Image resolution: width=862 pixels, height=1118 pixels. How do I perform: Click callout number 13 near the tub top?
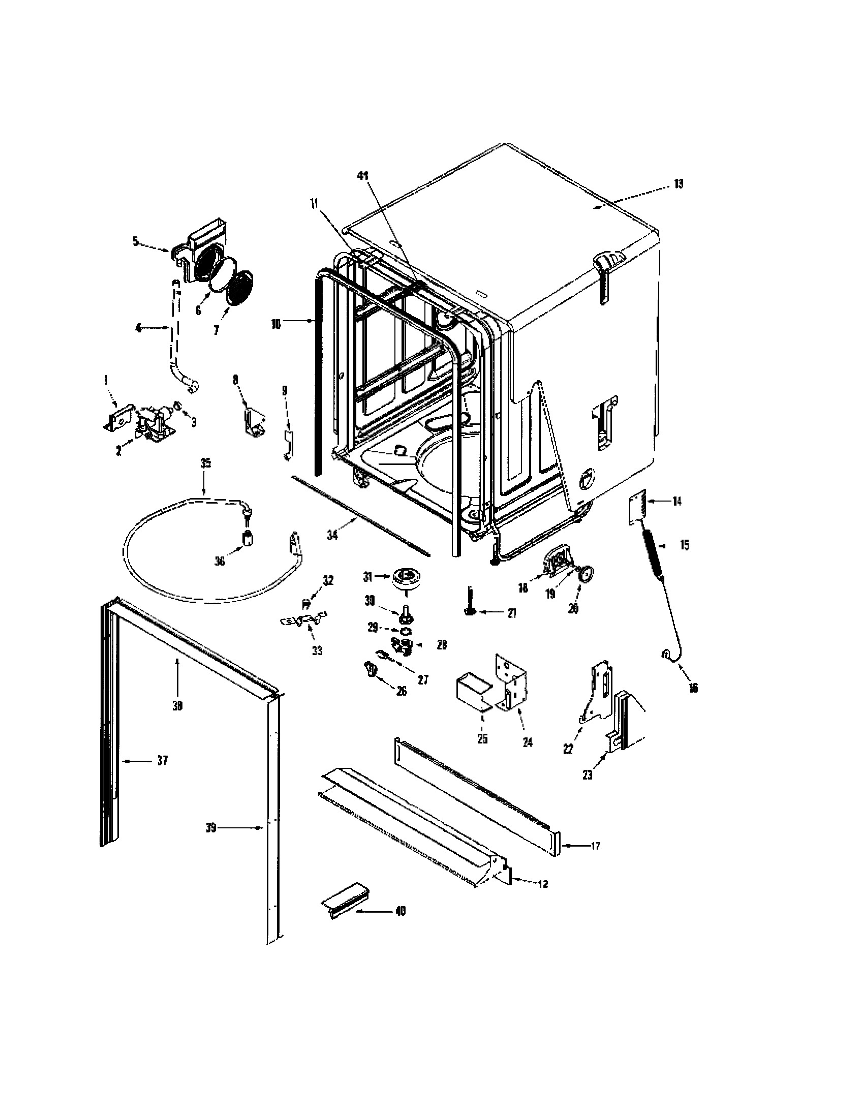pyautogui.click(x=678, y=184)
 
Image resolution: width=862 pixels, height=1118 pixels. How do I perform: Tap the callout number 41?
pyautogui.click(x=362, y=176)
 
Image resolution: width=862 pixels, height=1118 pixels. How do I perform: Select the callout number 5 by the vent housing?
pyautogui.click(x=136, y=241)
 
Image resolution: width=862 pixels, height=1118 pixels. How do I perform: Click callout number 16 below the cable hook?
pyautogui.click(x=693, y=688)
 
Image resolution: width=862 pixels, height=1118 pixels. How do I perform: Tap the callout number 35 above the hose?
pyautogui.click(x=205, y=464)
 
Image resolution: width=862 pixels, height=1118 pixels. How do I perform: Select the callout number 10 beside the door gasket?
pyautogui.click(x=276, y=325)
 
